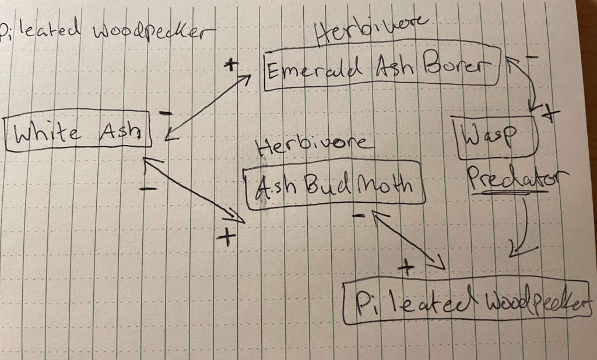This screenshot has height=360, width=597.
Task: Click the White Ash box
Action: click(x=78, y=131)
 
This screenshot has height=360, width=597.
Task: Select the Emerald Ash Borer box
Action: click(x=382, y=70)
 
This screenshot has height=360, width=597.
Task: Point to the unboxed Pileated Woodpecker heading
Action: click(x=105, y=31)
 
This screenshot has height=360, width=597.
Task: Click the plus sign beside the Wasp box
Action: click(x=548, y=114)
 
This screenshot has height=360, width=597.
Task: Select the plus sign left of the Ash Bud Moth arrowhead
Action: click(x=226, y=236)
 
